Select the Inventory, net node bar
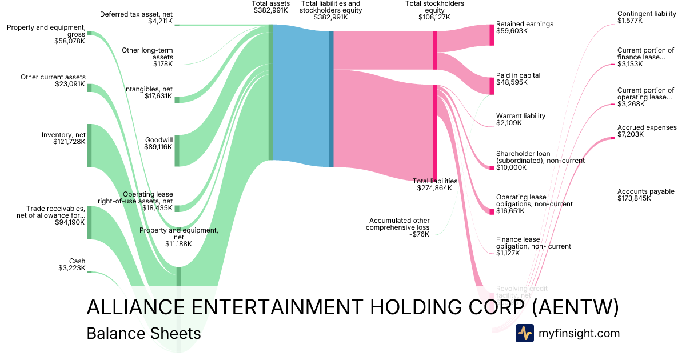(x=89, y=145)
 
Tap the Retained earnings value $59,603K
(x=513, y=31)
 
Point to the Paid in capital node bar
(x=492, y=85)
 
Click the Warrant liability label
(x=520, y=116)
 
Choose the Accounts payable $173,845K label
(x=645, y=195)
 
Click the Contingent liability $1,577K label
(x=645, y=17)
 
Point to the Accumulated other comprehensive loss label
(x=400, y=227)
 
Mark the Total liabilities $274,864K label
(x=434, y=184)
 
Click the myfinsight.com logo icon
(x=524, y=333)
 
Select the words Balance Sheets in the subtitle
(x=143, y=333)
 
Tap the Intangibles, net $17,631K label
(x=148, y=93)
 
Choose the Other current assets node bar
(x=89, y=87)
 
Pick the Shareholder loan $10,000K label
(x=540, y=161)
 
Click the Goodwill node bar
(x=177, y=150)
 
